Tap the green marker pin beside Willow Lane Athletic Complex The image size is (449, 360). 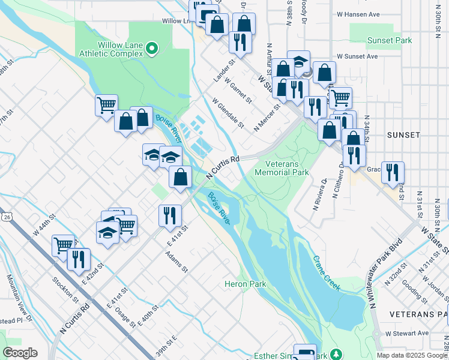(152, 48)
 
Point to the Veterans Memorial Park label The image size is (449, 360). (282, 167)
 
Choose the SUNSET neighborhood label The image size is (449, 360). (403, 135)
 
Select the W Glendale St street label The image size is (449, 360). (229, 113)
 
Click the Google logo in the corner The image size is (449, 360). (20, 353)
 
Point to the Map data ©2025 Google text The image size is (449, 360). (411, 355)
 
